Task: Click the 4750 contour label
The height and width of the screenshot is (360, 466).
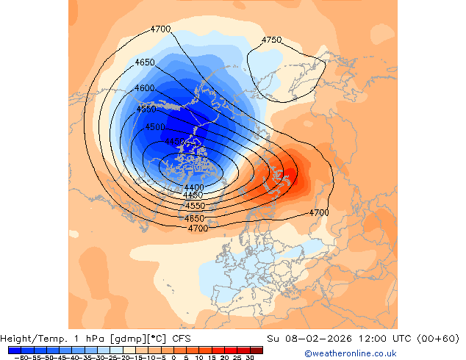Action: (271, 40)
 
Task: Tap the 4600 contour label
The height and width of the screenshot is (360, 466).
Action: (145, 88)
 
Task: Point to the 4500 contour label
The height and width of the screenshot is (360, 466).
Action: (155, 127)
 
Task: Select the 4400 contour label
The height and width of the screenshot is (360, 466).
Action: (194, 188)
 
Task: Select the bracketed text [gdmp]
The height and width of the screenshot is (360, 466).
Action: (129, 339)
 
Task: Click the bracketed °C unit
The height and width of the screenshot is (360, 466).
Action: (157, 339)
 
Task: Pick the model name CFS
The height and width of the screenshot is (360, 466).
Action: (182, 339)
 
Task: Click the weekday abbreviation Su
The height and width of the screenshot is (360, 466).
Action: (272, 339)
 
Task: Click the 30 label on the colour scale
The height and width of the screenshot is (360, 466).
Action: (251, 358)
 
